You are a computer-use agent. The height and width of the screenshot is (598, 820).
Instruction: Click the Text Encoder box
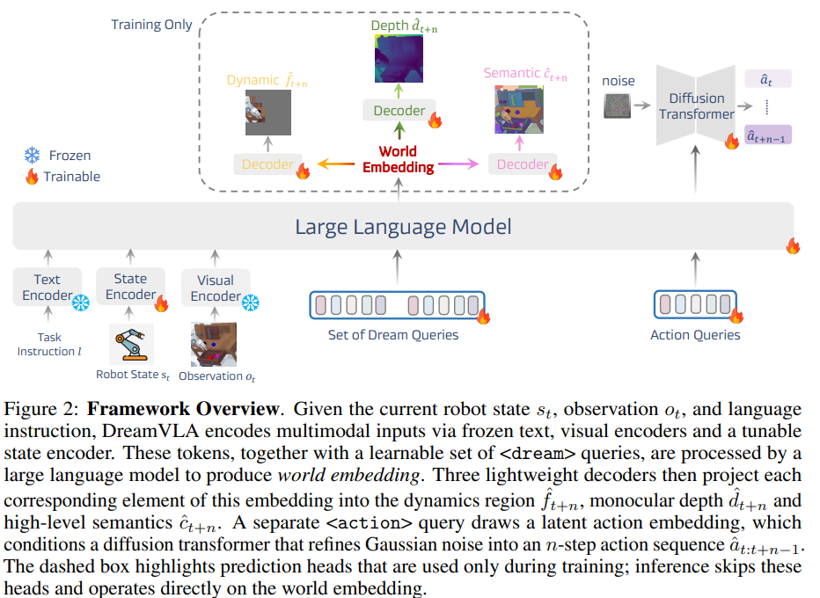(48, 287)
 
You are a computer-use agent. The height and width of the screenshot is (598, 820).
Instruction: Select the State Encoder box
(131, 287)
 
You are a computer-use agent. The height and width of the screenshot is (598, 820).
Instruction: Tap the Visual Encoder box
(216, 288)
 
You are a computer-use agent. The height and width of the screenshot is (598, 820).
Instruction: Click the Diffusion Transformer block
(696, 106)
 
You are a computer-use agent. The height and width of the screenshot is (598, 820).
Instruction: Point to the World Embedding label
(399, 159)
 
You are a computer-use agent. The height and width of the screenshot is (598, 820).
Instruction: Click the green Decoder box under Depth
(399, 110)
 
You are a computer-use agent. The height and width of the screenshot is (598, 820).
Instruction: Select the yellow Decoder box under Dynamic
(267, 164)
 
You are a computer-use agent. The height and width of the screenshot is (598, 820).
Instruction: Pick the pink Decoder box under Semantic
(523, 164)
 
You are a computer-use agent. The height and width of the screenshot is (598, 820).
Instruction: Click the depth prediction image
(399, 59)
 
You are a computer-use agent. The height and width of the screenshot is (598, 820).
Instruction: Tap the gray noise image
(617, 106)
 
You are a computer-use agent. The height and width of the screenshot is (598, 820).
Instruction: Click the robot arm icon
(131, 344)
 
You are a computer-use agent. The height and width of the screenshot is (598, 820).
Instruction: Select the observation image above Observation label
(214, 344)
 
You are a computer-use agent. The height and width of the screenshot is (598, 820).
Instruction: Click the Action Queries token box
(695, 304)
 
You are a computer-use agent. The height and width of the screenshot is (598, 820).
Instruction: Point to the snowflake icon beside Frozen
(33, 156)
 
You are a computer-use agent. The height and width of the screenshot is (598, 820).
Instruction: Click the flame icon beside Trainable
(33, 176)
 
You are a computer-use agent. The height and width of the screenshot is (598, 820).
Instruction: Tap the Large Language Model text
(403, 227)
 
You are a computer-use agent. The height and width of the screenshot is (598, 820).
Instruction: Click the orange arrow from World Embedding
(336, 164)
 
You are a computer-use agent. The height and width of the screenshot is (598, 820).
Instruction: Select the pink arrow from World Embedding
(458, 164)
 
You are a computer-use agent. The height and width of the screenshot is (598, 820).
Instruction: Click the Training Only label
(151, 25)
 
